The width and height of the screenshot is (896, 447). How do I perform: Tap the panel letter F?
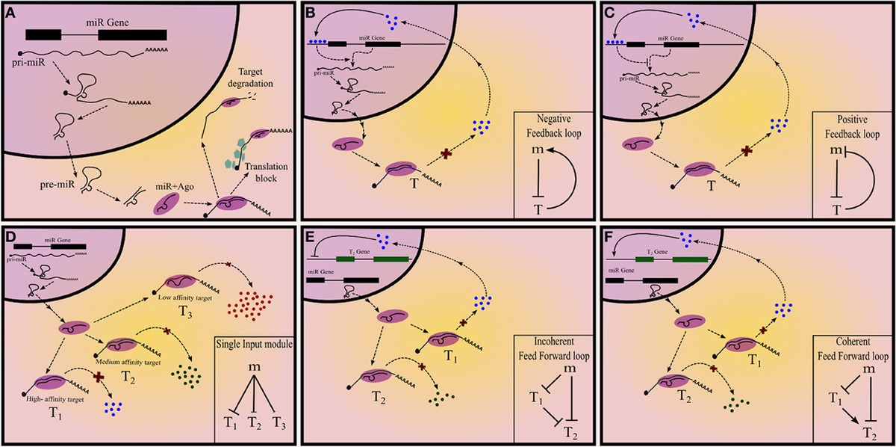610,237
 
